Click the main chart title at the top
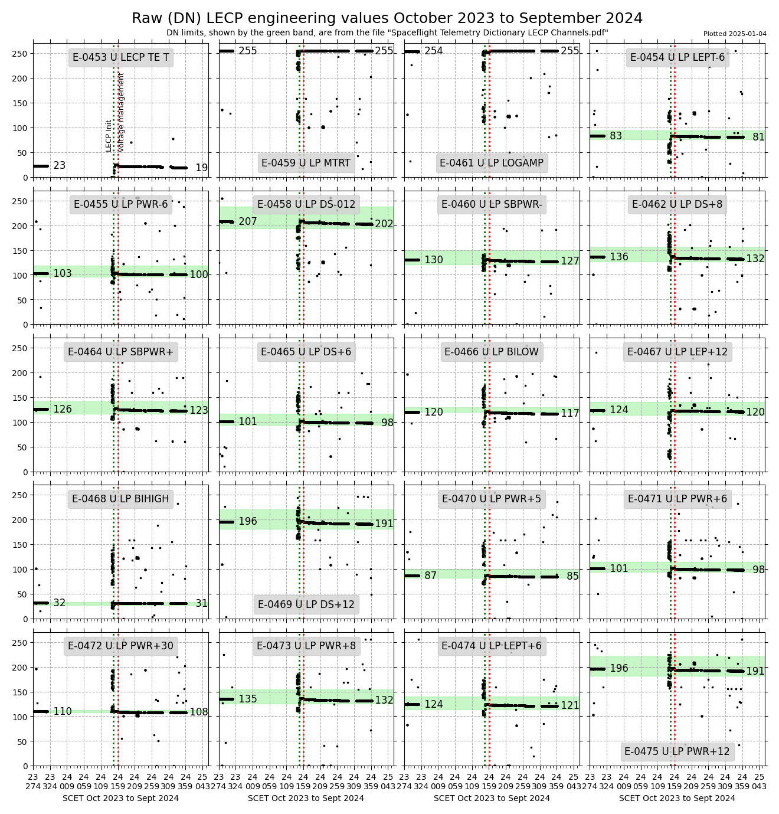pos(387,18)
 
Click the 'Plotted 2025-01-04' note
pos(735,34)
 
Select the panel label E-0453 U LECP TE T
pos(121,57)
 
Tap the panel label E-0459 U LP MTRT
pos(306,163)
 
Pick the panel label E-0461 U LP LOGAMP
pos(492,163)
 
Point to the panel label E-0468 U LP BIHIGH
pos(120,499)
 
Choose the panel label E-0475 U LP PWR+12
pos(677,751)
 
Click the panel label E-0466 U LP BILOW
pos(492,352)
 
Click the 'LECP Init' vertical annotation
pos(109,136)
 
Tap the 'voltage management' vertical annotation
pos(121,112)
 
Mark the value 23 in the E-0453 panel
pos(60,165)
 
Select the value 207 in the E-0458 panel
pos(248,221)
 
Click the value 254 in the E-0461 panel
pos(434,51)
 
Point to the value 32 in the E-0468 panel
pos(60,603)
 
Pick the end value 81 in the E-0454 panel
pos(758,137)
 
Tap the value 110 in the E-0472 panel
pos(63,711)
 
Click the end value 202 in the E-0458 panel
pos(384,224)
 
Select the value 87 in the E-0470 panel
pos(431,576)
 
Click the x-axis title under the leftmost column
pos(120,798)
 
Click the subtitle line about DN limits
pos(387,33)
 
